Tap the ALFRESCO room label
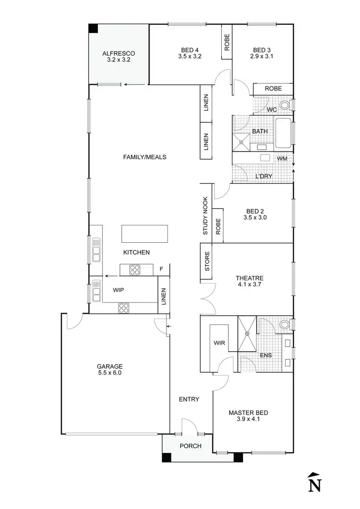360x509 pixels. (119, 57)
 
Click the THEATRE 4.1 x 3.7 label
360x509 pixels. (250, 281)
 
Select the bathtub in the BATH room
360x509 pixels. (283, 132)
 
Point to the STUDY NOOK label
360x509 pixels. (205, 215)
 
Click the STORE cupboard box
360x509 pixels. (207, 262)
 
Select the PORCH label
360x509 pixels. (191, 446)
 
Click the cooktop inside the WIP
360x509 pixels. (124, 308)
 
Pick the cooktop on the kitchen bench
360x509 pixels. (134, 271)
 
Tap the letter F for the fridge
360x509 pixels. (161, 269)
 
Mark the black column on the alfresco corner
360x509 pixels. (93, 28)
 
